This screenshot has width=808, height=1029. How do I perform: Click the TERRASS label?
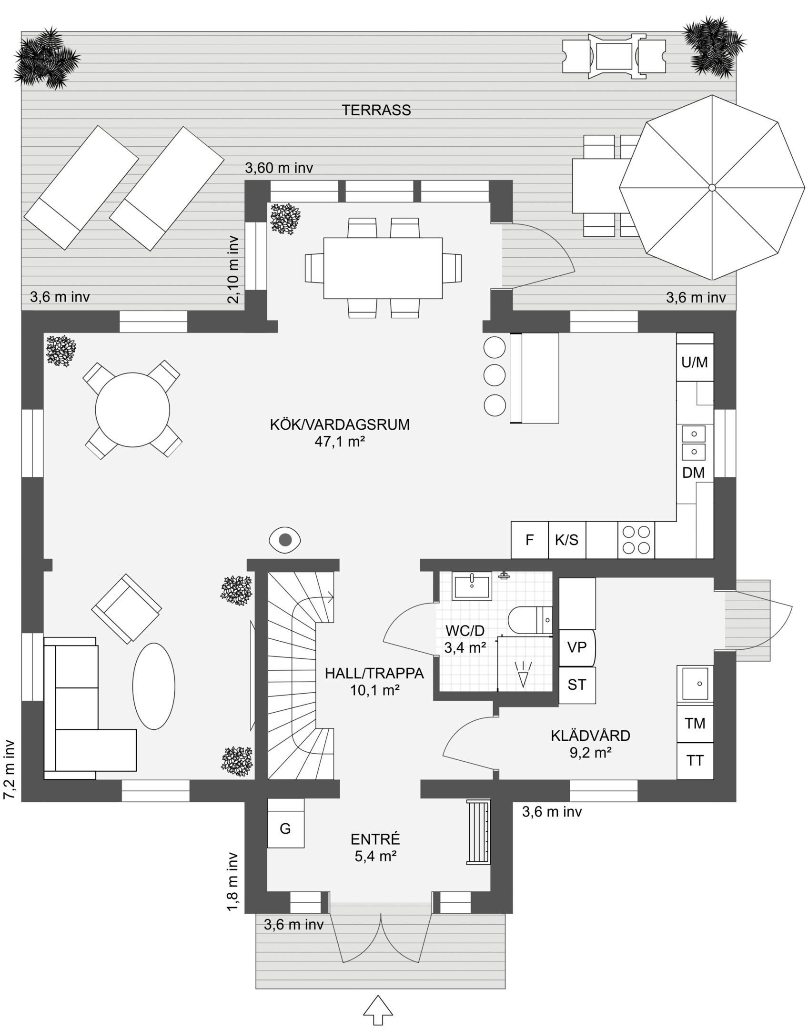(x=376, y=110)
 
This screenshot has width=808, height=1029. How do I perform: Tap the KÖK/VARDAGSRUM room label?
(x=340, y=424)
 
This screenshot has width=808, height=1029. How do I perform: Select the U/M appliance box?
(x=694, y=363)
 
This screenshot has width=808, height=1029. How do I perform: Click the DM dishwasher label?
(x=693, y=473)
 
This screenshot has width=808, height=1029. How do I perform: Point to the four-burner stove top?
(x=636, y=540)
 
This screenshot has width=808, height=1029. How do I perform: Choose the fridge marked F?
(x=529, y=540)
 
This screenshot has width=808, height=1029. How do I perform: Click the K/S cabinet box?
(x=566, y=540)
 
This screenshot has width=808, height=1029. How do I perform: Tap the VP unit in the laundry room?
(x=576, y=647)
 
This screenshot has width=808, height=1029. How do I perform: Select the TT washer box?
(x=695, y=761)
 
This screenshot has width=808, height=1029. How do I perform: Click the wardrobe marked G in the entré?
(x=285, y=829)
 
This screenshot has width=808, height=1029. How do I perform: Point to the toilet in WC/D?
(x=529, y=620)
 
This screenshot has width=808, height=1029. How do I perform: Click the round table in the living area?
(x=132, y=410)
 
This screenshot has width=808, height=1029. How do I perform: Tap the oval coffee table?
(x=153, y=686)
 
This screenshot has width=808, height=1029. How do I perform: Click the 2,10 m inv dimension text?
(x=233, y=270)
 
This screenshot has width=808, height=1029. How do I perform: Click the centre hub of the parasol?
(x=712, y=188)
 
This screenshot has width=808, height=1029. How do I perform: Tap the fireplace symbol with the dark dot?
(x=285, y=540)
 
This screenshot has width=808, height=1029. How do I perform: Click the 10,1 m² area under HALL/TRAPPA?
(x=374, y=690)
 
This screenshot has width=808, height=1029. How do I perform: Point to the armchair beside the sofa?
(x=126, y=609)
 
